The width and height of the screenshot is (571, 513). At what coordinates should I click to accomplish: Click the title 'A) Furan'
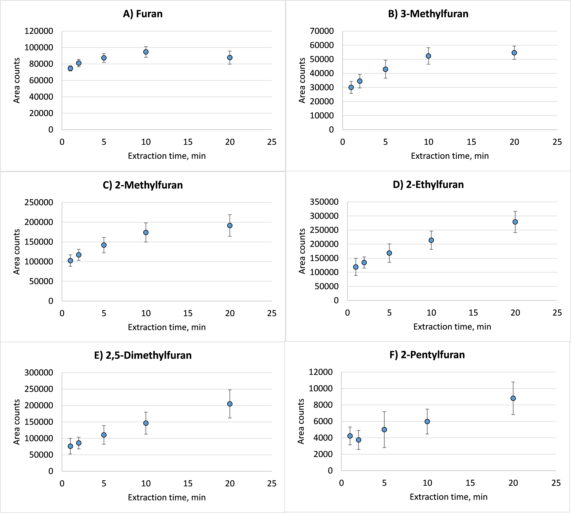click(143, 14)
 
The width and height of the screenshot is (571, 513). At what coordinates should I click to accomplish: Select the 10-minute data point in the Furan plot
click(146, 52)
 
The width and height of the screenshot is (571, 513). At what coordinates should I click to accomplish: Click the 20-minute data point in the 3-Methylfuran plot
click(514, 53)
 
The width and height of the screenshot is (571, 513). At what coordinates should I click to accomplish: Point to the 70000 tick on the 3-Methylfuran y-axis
click(322, 31)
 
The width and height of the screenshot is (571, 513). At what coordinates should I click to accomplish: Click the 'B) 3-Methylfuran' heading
click(428, 14)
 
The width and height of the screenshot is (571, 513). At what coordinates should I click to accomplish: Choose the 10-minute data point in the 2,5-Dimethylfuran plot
click(146, 423)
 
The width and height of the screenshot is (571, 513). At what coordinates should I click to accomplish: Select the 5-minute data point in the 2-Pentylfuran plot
click(384, 430)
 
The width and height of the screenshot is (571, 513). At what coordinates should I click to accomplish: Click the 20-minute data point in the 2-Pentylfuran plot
click(513, 398)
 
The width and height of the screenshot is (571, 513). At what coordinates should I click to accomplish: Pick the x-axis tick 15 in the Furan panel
click(188, 142)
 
